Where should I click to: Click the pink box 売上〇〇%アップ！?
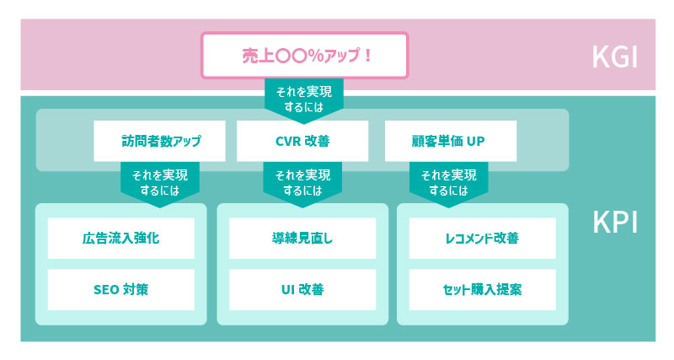(x=304, y=56)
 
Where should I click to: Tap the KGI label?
(x=615, y=56)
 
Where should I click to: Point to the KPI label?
(x=615, y=222)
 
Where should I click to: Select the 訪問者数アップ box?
(x=159, y=141)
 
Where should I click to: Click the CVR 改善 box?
(x=302, y=141)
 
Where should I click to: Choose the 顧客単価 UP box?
(x=451, y=141)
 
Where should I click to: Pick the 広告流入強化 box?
(x=120, y=239)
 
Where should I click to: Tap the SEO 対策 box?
(x=120, y=290)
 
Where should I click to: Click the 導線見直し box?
(x=302, y=239)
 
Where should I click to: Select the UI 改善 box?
(x=302, y=290)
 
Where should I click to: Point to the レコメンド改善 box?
(x=482, y=239)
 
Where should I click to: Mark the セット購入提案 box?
(x=482, y=290)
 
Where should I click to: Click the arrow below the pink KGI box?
(x=304, y=101)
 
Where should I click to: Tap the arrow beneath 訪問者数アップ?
(x=160, y=185)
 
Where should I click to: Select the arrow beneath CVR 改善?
(x=302, y=185)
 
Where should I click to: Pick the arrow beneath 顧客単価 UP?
(x=449, y=185)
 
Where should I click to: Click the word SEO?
(x=106, y=290)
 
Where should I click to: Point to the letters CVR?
(x=288, y=141)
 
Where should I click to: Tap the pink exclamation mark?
(x=367, y=56)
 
